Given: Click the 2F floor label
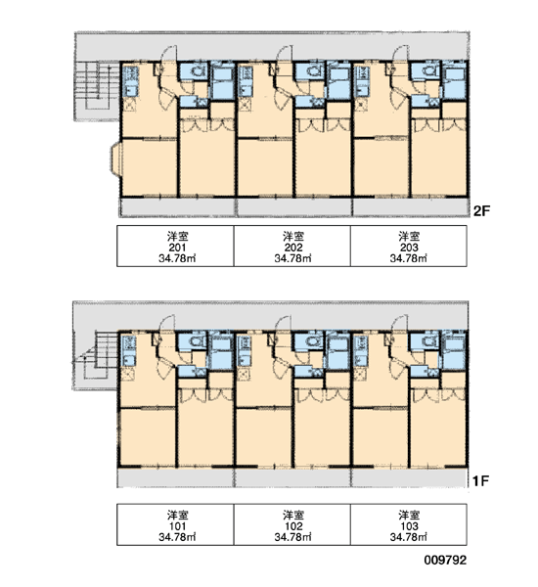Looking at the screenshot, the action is tap(481, 211).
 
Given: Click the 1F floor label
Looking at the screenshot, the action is tap(480, 480).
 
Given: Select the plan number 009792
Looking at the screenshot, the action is tap(445, 560).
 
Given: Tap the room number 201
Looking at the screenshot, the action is tap(177, 248).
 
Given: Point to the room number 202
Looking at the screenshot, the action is tap(293, 248).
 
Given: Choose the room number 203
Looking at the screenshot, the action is tap(409, 248).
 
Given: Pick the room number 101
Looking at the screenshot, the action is tap(177, 526).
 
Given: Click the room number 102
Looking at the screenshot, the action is tap(293, 526).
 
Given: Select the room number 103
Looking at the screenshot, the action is tap(409, 526).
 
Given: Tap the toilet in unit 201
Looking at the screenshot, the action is tap(198, 70).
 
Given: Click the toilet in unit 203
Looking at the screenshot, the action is tap(428, 70).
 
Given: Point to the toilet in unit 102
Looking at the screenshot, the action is tap(312, 341).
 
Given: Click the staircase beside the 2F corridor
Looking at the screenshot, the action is tap(93, 86).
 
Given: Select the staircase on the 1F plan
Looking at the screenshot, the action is tap(93, 356).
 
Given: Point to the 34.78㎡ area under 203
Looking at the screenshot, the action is tap(409, 258).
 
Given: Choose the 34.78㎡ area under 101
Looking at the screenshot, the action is tap(177, 537).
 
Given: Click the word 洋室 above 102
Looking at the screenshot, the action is tap(293, 515).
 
